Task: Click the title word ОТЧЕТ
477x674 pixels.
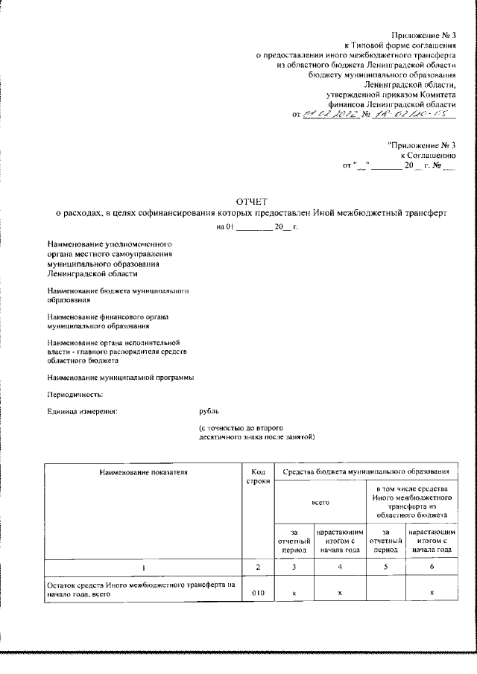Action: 251,202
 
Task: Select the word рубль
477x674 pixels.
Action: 209,410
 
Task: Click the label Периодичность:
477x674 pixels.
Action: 75,394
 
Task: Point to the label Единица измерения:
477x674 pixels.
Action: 83,410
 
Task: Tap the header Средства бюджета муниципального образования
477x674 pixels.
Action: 366,471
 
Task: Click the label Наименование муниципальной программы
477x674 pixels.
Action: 120,378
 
